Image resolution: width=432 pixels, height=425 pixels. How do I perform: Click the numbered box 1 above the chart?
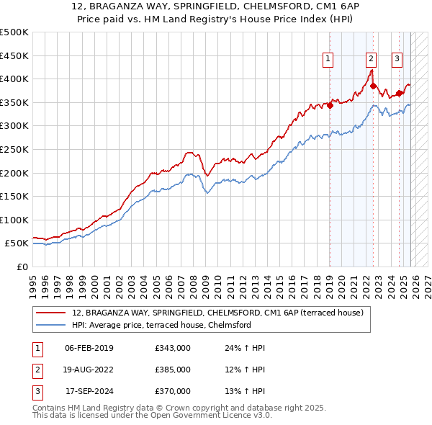(x=328, y=59)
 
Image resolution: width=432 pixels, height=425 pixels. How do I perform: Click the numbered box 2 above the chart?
(x=371, y=59)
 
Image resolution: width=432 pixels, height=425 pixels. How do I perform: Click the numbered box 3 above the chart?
(x=397, y=59)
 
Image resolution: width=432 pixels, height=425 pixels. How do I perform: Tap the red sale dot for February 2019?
(x=330, y=105)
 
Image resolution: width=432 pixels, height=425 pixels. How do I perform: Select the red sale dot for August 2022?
(x=374, y=86)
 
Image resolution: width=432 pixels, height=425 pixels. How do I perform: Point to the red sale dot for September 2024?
(x=399, y=93)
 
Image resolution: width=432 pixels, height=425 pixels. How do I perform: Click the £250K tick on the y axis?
(x=14, y=149)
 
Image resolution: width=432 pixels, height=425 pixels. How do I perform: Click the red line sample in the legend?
(x=51, y=313)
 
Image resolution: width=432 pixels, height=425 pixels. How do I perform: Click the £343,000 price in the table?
(x=173, y=348)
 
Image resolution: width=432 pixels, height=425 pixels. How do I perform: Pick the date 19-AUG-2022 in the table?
(x=89, y=370)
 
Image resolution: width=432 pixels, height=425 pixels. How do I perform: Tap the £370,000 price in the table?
(x=173, y=391)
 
